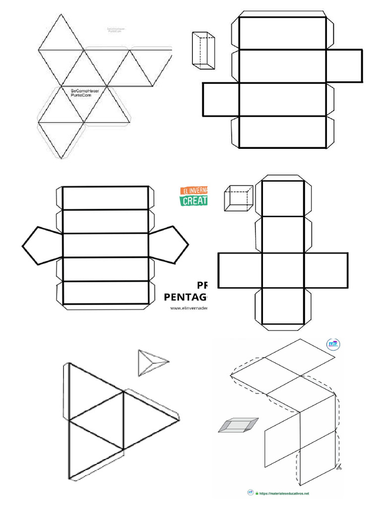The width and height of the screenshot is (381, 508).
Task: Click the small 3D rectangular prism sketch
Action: pos(203,50)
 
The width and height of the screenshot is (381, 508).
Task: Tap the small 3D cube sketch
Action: pos(238,197)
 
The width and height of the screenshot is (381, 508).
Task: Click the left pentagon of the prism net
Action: pos(42,246)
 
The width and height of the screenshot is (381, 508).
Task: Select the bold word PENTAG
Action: pos(186,297)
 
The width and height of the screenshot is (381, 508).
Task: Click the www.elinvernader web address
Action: pos(189,308)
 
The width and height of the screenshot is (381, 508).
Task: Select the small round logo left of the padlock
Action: pos(251,493)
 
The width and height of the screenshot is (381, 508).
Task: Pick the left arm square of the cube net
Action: pos(240,270)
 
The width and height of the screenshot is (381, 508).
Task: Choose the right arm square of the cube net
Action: pos(326,270)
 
